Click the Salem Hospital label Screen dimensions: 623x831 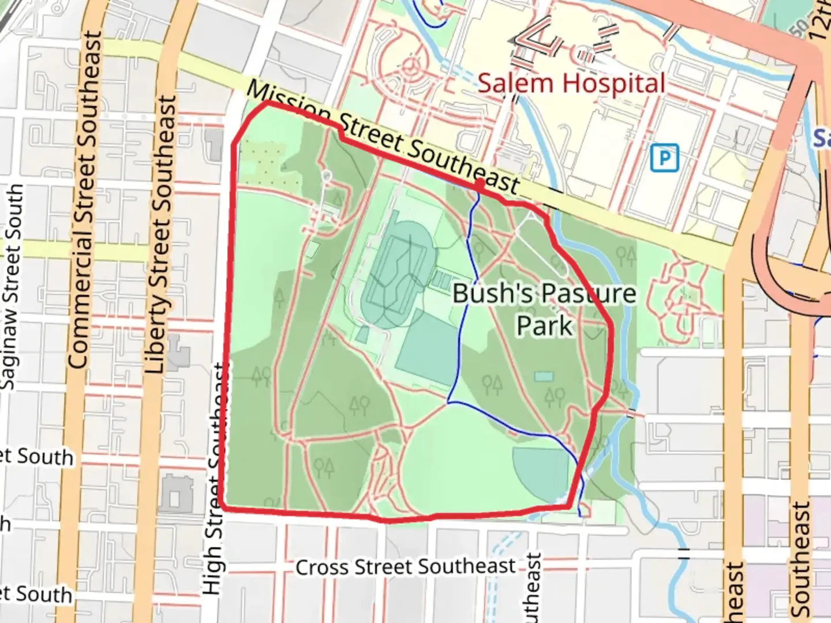[571, 84]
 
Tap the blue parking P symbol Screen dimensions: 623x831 [664, 158]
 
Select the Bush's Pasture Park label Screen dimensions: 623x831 [544, 309]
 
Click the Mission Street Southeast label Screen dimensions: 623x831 [384, 138]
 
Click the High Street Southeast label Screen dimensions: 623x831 [215, 479]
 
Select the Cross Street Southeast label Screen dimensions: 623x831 [406, 566]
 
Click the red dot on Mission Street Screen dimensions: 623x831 [480, 183]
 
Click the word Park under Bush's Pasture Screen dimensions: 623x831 [544, 326]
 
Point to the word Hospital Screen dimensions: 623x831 [614, 84]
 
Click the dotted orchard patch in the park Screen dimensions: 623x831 [263, 162]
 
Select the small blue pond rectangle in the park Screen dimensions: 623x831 [543, 377]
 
